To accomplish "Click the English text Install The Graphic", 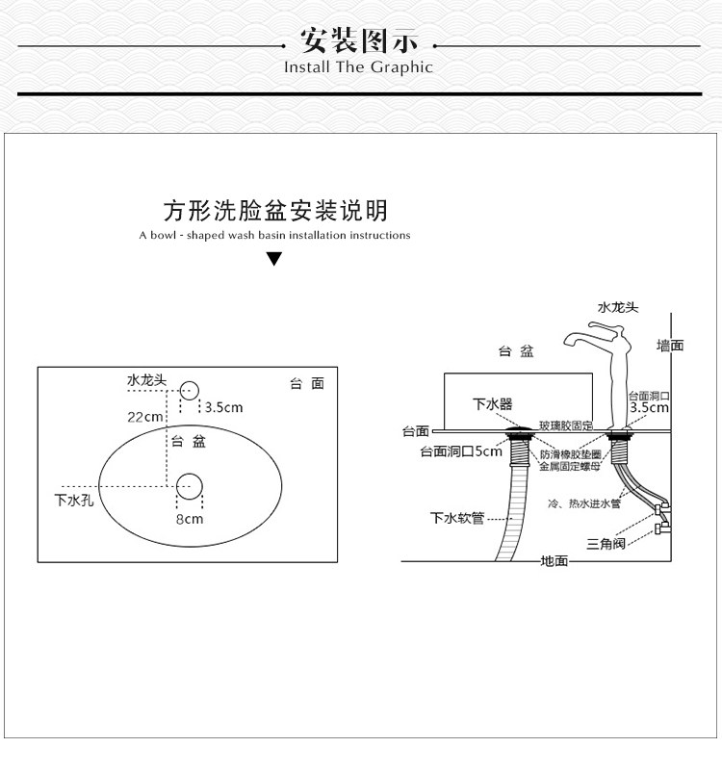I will click(x=358, y=67).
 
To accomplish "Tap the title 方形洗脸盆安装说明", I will click(x=275, y=210).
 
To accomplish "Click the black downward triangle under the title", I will click(x=274, y=258).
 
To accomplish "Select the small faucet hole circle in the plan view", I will click(x=189, y=391).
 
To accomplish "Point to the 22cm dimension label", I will click(x=145, y=417).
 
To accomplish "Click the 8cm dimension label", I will click(x=189, y=519).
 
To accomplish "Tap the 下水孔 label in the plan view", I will click(x=73, y=500).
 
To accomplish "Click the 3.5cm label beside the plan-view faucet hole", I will click(x=222, y=407).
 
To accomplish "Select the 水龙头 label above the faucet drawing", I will click(x=618, y=307).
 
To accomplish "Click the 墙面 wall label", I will click(x=670, y=346).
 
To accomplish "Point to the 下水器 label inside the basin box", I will click(x=492, y=404).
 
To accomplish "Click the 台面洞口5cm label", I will click(x=460, y=451).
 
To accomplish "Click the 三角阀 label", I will click(x=606, y=543).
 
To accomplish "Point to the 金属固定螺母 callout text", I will click(x=570, y=466).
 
